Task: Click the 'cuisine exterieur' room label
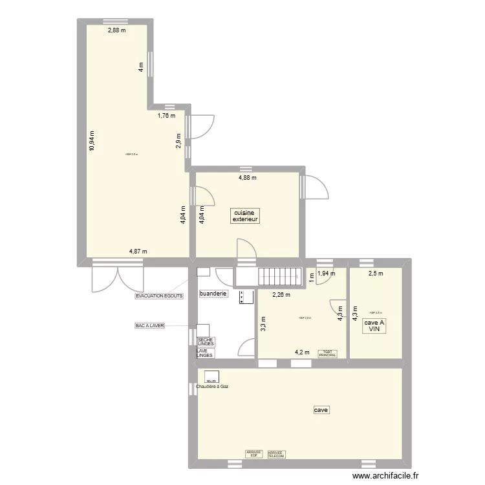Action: coord(245,215)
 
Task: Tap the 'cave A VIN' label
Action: coord(374,326)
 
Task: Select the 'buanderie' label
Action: coord(213,293)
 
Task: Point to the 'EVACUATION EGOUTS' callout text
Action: coord(159,296)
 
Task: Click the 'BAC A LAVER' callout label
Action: coord(149,326)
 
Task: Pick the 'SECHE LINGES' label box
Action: coord(206,341)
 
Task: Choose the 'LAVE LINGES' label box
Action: coord(204,353)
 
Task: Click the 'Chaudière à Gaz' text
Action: coord(212,387)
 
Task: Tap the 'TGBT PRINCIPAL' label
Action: coord(327,353)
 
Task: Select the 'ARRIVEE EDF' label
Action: coord(253,454)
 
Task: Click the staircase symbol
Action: coord(280,277)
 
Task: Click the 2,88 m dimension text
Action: coord(116,30)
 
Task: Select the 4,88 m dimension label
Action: coord(248,177)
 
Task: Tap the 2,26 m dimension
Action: coord(281,295)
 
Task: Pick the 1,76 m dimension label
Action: coord(167,116)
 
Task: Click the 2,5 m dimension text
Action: coord(375,273)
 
